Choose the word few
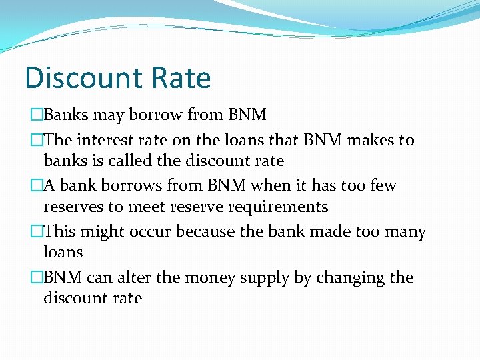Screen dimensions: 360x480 [382, 185]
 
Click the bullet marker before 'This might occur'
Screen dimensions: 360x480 [36, 231]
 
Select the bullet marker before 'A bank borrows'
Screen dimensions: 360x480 [36, 185]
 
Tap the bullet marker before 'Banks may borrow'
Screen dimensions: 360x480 [36, 115]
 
